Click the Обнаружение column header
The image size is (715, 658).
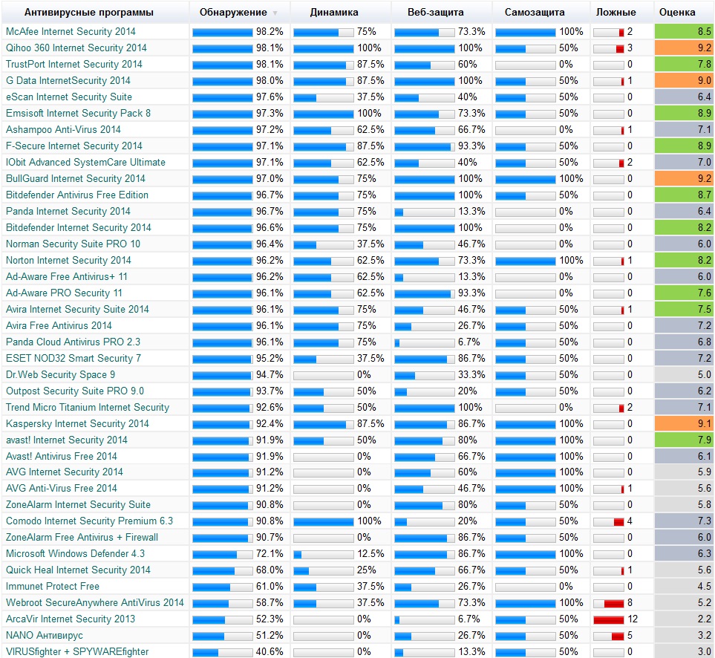click(x=233, y=13)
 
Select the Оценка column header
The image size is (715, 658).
click(x=677, y=13)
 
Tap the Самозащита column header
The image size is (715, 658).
click(x=534, y=13)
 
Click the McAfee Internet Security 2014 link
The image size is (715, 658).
click(x=71, y=32)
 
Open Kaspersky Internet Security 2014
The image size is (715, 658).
click(x=77, y=423)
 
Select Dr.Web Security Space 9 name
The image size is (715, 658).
click(x=60, y=374)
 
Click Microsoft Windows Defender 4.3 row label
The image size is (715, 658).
click(x=75, y=553)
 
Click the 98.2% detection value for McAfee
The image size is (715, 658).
click(x=270, y=32)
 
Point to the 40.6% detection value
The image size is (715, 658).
click(x=270, y=652)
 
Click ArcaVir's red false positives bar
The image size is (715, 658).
click(x=608, y=619)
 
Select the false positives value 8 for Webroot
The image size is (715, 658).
click(x=630, y=603)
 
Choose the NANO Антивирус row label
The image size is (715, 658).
click(x=45, y=635)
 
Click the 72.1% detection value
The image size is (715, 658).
click(x=270, y=554)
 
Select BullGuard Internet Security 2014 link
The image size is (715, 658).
click(x=76, y=178)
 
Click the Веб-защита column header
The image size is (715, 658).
click(x=436, y=13)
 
